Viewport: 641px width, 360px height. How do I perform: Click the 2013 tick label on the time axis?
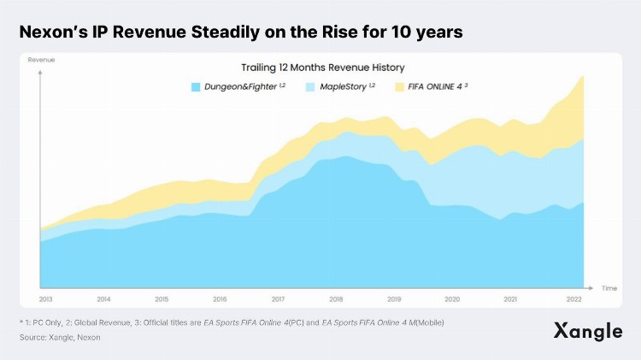pyautogui.click(x=45, y=300)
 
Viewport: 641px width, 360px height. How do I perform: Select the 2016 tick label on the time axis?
pyautogui.click(x=220, y=300)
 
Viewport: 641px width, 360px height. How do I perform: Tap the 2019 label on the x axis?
pyautogui.click(x=394, y=300)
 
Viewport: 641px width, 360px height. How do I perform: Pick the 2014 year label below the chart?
pyautogui.click(x=103, y=300)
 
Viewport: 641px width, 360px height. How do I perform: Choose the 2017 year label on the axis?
pyautogui.click(x=278, y=300)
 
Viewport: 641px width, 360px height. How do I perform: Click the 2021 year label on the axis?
pyautogui.click(x=510, y=300)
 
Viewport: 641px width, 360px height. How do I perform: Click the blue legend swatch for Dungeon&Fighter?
pyautogui.click(x=196, y=87)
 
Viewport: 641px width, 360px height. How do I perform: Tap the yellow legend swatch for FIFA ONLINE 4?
pyautogui.click(x=400, y=87)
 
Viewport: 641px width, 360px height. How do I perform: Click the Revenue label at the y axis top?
pyautogui.click(x=42, y=60)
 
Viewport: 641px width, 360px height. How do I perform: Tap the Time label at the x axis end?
pyautogui.click(x=609, y=288)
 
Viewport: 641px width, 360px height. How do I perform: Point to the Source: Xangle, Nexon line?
pyautogui.click(x=60, y=338)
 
